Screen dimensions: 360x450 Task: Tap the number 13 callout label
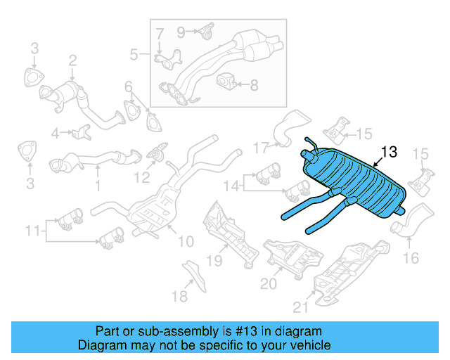point(389,152)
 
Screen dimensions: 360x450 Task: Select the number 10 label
point(185,242)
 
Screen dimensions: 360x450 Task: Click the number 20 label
point(269,283)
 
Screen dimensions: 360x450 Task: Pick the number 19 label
point(214,261)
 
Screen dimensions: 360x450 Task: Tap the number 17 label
point(262,148)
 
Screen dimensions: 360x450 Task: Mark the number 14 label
point(231,186)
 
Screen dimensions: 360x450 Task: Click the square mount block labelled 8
point(226,84)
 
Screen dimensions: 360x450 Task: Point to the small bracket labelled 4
point(82,131)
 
